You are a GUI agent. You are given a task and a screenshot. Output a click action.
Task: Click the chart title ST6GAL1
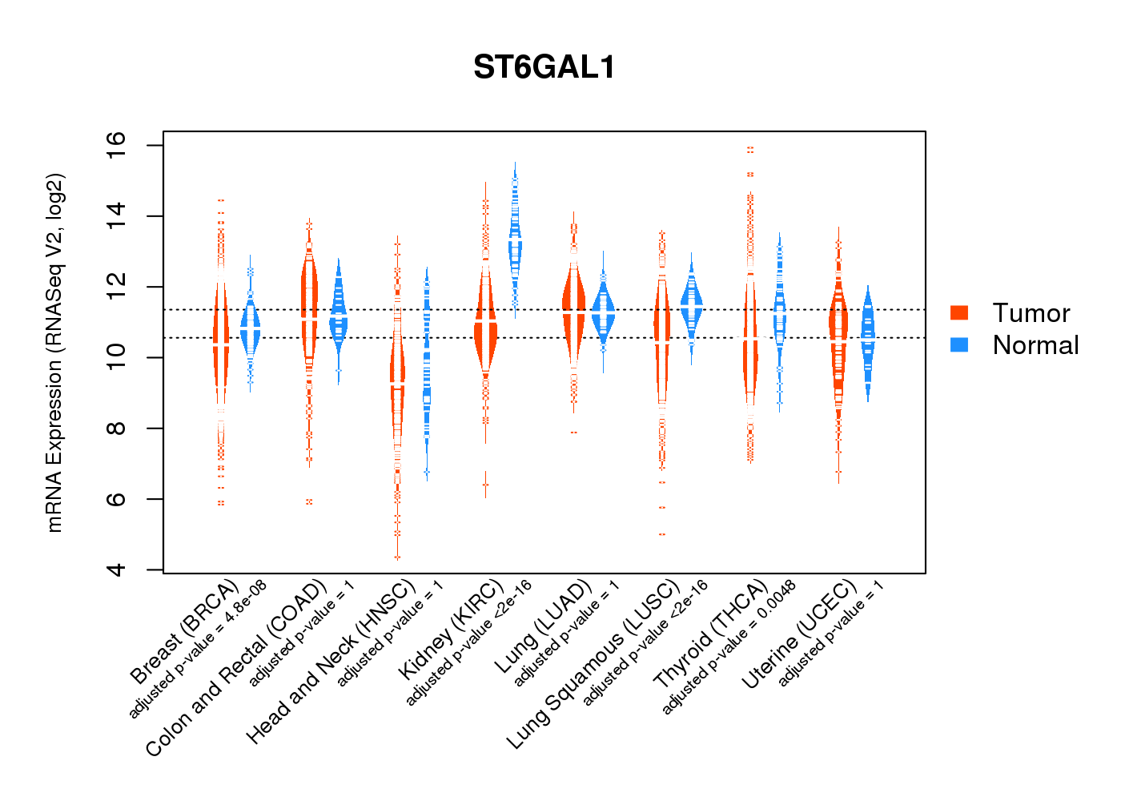(x=544, y=67)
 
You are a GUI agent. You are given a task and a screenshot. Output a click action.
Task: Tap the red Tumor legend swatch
(x=959, y=312)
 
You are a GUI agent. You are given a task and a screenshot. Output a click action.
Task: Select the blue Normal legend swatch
(x=959, y=345)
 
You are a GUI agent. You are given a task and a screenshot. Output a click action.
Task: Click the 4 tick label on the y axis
(x=117, y=570)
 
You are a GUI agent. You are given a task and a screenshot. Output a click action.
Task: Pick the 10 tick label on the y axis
(x=117, y=357)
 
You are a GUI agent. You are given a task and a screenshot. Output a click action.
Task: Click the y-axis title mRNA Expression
(x=54, y=352)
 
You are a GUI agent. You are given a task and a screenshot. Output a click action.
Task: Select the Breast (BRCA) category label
(x=184, y=633)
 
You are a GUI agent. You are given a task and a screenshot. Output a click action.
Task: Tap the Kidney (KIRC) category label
(x=451, y=630)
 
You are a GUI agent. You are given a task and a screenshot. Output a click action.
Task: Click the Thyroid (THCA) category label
(x=710, y=635)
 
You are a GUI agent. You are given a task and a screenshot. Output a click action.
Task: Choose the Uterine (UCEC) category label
(x=798, y=635)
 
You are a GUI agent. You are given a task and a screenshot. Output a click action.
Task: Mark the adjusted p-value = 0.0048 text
(x=729, y=646)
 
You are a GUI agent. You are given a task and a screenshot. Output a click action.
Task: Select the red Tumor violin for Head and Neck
(x=397, y=376)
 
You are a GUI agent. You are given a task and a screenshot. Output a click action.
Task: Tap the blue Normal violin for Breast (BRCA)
(x=251, y=328)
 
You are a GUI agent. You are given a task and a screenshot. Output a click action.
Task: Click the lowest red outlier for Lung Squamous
(x=662, y=534)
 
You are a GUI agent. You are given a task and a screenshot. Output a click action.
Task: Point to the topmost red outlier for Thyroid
(x=750, y=149)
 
